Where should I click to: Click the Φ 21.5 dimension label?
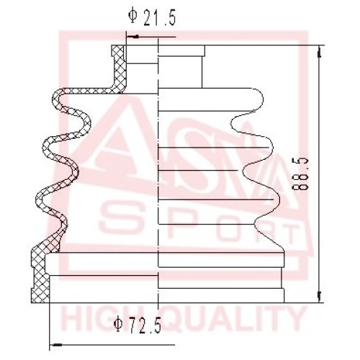pyautogui.click(x=152, y=18)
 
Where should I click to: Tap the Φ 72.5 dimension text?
pyautogui.click(x=138, y=325)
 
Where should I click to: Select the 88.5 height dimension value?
pyautogui.click(x=300, y=174)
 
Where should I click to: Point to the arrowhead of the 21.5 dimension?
pyautogui.click(x=132, y=37)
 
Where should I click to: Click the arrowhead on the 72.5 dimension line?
pyautogui.click(x=55, y=345)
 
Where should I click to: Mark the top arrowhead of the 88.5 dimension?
pyautogui.click(x=319, y=52)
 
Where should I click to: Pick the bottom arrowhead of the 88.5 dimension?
pyautogui.click(x=319, y=297)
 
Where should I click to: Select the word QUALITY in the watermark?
pyautogui.click(x=233, y=319)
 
